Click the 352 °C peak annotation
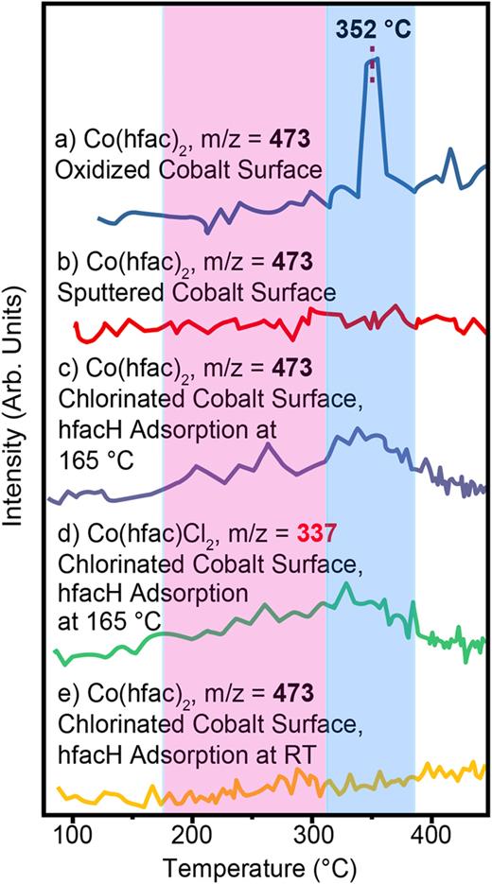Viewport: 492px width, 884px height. coord(373,31)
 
